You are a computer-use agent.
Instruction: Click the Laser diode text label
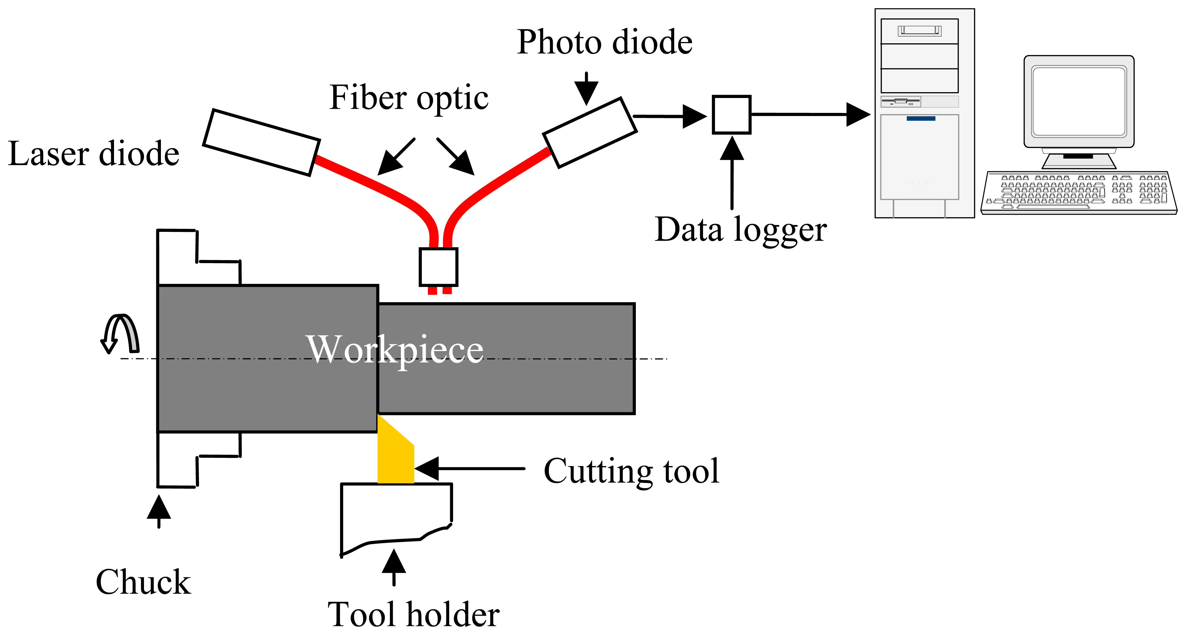(93, 154)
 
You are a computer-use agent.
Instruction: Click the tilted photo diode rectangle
(590, 133)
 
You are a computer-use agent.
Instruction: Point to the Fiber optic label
(408, 98)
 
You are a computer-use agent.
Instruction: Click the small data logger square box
(731, 115)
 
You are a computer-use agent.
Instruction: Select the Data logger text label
(740, 230)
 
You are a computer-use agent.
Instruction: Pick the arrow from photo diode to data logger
(670, 117)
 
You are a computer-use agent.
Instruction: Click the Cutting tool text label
(631, 471)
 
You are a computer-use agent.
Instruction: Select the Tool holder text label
(413, 615)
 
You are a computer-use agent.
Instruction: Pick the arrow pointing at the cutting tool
(470, 468)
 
